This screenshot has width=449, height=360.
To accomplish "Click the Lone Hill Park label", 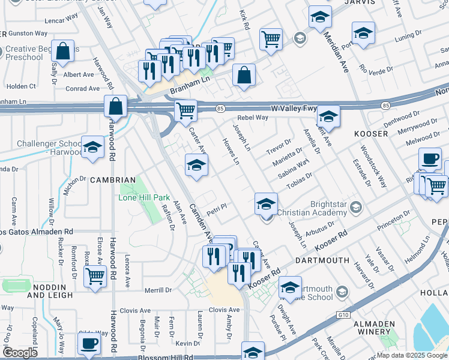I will point(144,197).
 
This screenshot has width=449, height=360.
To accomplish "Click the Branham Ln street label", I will point(191,85).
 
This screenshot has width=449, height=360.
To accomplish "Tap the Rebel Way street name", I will point(252,118).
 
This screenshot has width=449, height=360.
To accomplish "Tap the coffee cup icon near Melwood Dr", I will point(429,158).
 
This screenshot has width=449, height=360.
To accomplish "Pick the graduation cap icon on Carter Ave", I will point(196,166).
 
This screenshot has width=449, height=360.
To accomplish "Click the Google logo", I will point(20,352).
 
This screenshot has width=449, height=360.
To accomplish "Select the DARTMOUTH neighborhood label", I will point(322,260).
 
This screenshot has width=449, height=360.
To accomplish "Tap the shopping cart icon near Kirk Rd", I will point(271,39).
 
